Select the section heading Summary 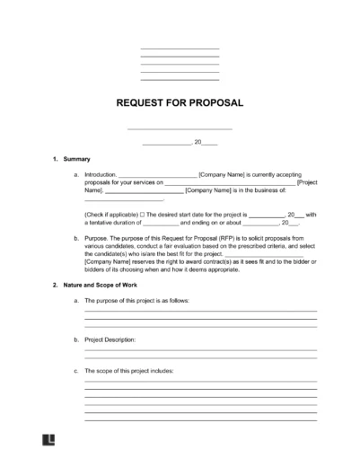pos(78,159)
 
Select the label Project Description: pos(110,340)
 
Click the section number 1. pos(56,159)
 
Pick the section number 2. pos(56,284)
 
